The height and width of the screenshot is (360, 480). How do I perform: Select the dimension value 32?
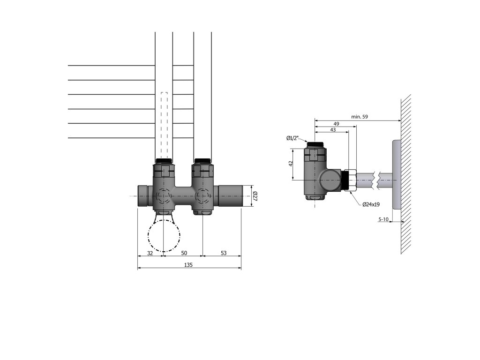pos(150,253)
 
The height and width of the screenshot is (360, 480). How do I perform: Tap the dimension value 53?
pos(224,253)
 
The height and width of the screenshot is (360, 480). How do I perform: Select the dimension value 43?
pos(333,129)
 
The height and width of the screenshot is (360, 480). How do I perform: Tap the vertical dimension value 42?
pos(291,164)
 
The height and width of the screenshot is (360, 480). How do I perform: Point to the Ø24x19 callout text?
pos(371,204)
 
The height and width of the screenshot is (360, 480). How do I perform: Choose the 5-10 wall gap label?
pos(383,219)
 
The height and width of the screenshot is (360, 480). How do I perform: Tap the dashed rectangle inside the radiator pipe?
pos(164,124)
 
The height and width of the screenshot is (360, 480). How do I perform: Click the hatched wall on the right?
pos(406,173)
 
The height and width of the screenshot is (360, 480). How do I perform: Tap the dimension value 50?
pos(184,253)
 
